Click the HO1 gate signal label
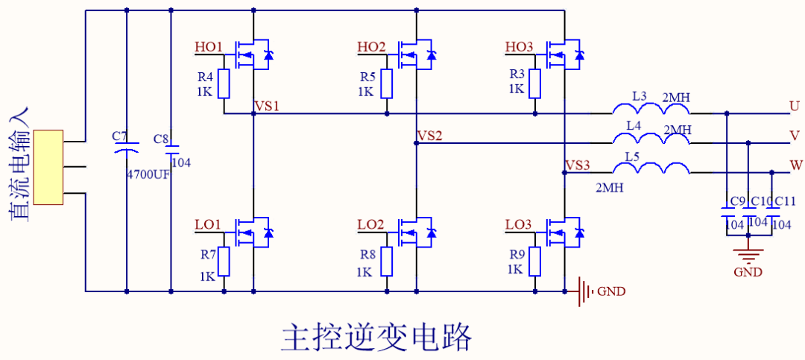click(x=209, y=48)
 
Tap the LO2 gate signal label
click(x=370, y=225)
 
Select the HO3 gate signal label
click(x=520, y=48)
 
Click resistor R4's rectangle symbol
click(x=224, y=83)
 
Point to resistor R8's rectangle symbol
click(x=386, y=261)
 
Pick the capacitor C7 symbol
click(x=126, y=151)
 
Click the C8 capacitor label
click(x=160, y=139)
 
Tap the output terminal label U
click(x=795, y=107)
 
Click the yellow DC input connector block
click(x=48, y=167)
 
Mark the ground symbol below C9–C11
click(x=748, y=250)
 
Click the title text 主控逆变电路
click(x=376, y=337)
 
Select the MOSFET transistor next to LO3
click(x=559, y=233)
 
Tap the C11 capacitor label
click(x=786, y=201)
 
